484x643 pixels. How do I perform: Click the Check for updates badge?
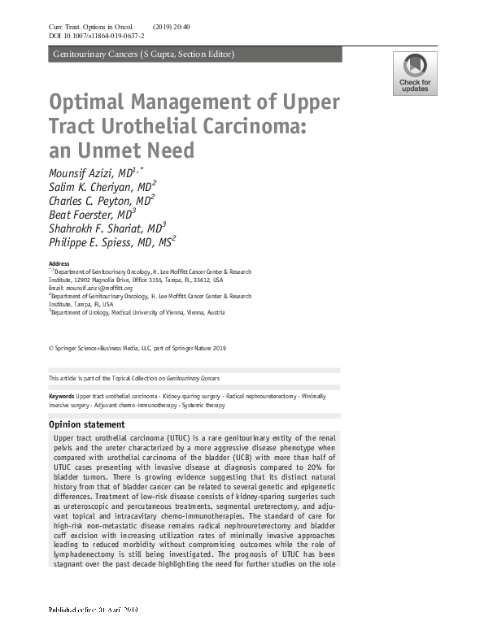point(415,73)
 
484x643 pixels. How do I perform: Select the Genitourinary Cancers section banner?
point(143,54)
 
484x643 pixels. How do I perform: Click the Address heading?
point(59,264)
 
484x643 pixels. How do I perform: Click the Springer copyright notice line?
point(137,348)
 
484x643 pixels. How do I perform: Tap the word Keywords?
point(62,395)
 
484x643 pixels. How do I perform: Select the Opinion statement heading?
point(87,424)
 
